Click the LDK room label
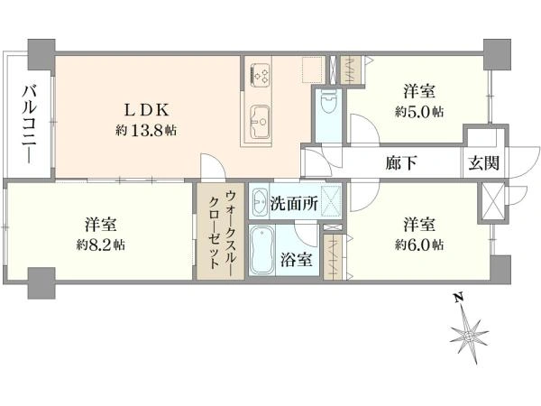[x=147, y=110]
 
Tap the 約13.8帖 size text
[x=146, y=130]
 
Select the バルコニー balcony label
[x=30, y=125]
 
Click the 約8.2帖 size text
[x=101, y=245]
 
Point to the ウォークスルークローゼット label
[x=221, y=230]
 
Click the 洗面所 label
[x=294, y=203]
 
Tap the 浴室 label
[x=297, y=260]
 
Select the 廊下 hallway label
[x=401, y=162]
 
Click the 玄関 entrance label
[x=484, y=162]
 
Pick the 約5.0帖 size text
[x=419, y=112]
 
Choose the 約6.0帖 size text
[x=419, y=245]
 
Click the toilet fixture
[x=328, y=101]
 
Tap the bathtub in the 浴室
[x=261, y=250]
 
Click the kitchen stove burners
[x=260, y=75]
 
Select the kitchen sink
[x=259, y=122]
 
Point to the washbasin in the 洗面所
[x=259, y=203]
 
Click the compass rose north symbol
[x=469, y=336]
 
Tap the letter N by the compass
[x=458, y=299]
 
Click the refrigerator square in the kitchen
[x=313, y=70]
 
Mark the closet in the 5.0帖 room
[x=351, y=70]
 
